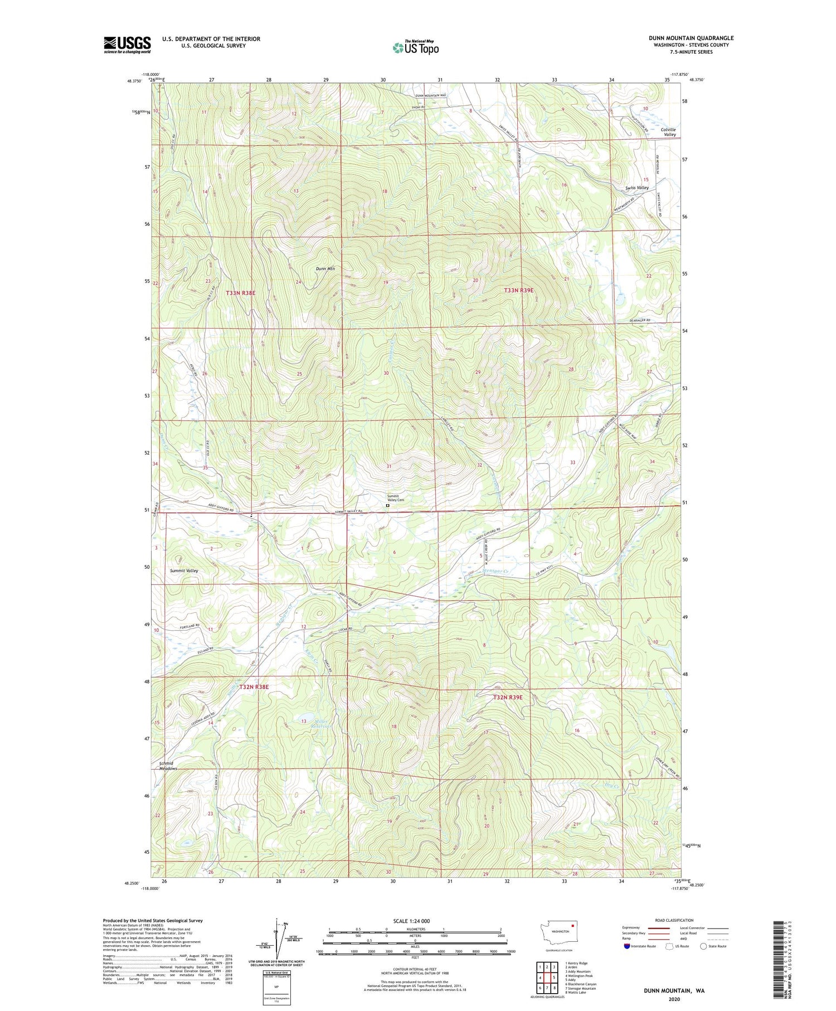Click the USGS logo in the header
(x=127, y=45)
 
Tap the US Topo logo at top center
(x=416, y=47)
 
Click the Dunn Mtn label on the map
(x=325, y=269)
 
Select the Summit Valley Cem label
(x=395, y=498)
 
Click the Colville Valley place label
(x=668, y=132)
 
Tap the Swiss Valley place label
(x=636, y=188)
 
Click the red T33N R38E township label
(x=240, y=293)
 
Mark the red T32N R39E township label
(x=507, y=698)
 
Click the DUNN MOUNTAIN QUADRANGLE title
(x=691, y=38)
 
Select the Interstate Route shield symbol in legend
(x=627, y=946)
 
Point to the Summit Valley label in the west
(x=184, y=571)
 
